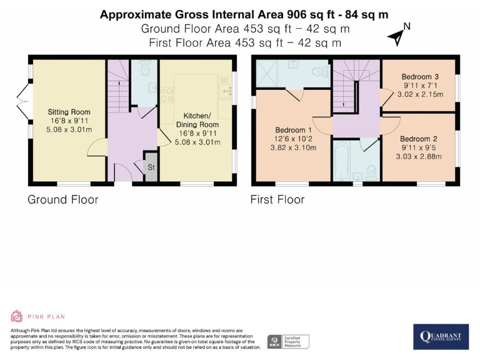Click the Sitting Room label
[69, 112]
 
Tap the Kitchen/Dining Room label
[197, 120]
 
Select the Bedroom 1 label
[293, 130]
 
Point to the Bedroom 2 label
[419, 139]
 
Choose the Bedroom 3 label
[420, 76]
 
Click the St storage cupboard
[151, 167]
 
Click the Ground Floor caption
[63, 199]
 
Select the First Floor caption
[277, 199]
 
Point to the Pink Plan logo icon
[16, 316]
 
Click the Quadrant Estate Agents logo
[441, 337]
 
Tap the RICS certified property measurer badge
[288, 342]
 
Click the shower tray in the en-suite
[268, 73]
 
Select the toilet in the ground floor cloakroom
[144, 69]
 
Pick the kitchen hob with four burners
[167, 94]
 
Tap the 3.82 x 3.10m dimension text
[293, 147]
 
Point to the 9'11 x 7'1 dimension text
[420, 86]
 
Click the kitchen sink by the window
[226, 91]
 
